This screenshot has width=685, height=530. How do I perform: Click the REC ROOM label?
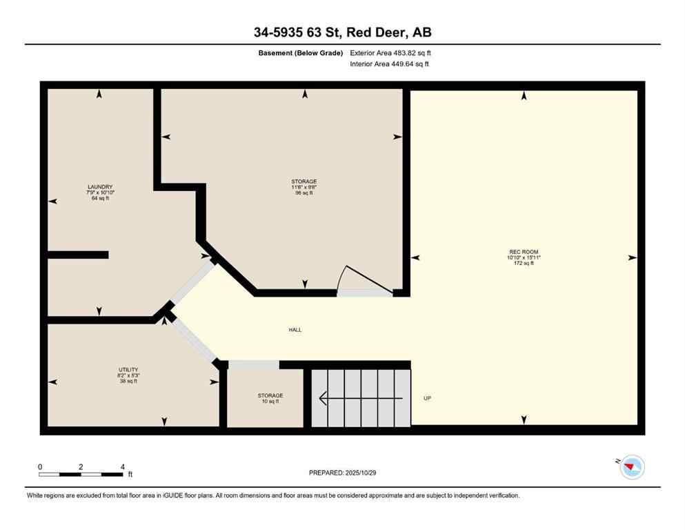523,251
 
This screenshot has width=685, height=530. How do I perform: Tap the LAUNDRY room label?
99,187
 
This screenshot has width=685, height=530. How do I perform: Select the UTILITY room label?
128,370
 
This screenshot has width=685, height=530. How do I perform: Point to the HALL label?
295,330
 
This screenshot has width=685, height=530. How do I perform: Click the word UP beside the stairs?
427,398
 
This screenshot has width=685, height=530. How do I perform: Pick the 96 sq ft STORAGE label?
304,181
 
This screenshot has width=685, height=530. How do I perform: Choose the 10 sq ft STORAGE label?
270,396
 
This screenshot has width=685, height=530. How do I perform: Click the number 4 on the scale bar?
122,467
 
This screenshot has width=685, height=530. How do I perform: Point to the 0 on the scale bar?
40,467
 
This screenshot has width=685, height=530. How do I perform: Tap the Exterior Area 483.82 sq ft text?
391,53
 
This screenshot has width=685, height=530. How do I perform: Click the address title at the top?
342,32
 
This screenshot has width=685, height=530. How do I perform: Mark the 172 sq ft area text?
523,264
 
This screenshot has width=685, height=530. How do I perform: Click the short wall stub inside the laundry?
78,255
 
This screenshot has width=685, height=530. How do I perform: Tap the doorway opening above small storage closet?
253,364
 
